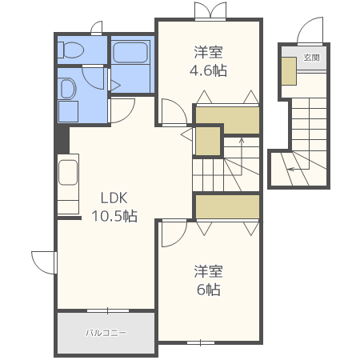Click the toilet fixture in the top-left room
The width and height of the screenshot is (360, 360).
click(x=70, y=50)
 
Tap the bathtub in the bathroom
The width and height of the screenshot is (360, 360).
click(x=130, y=53)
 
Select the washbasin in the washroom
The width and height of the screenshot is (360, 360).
click(x=68, y=89)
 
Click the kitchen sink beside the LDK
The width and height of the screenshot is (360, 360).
click(x=68, y=173)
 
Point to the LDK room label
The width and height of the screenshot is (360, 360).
click(x=114, y=198)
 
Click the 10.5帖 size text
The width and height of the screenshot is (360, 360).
click(x=114, y=216)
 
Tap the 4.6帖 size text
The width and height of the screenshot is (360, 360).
click(x=208, y=70)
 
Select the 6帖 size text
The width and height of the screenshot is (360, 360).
click(x=209, y=290)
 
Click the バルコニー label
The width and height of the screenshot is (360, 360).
click(x=106, y=333)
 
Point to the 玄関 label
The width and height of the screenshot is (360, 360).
click(x=311, y=58)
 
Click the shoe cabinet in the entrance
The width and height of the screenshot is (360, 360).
click(x=290, y=71)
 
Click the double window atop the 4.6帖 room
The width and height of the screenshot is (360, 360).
click(x=210, y=10)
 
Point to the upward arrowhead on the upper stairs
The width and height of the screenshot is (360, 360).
click(x=242, y=140)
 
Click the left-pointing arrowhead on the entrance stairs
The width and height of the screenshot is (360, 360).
click(x=290, y=169)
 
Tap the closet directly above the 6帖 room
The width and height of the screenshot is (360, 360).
click(x=227, y=207)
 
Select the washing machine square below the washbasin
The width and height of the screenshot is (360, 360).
click(x=68, y=111)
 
